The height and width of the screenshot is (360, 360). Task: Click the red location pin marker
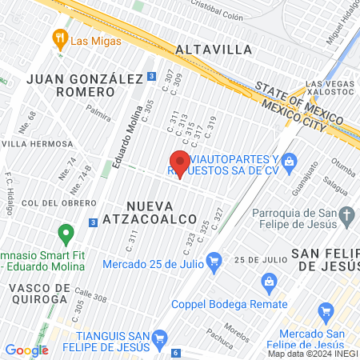pyautogui.click(x=180, y=162)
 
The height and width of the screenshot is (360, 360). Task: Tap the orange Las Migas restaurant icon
pyautogui.click(x=59, y=37)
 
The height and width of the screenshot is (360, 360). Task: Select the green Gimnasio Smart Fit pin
pyautogui.click(x=66, y=234)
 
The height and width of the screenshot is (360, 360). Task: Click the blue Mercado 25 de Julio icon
pyautogui.click(x=214, y=260)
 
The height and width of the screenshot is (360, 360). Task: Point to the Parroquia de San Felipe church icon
pyautogui.click(x=346, y=214)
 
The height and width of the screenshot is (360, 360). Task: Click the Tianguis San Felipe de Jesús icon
pyautogui.click(x=159, y=338)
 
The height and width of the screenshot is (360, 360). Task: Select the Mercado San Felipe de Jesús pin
pyautogui.click(x=325, y=311)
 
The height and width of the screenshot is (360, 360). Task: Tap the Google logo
pyautogui.click(x=26, y=350)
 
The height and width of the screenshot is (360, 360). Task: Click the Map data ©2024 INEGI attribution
pyautogui.click(x=312, y=354)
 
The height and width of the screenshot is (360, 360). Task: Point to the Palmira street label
pyautogui.click(x=98, y=105)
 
